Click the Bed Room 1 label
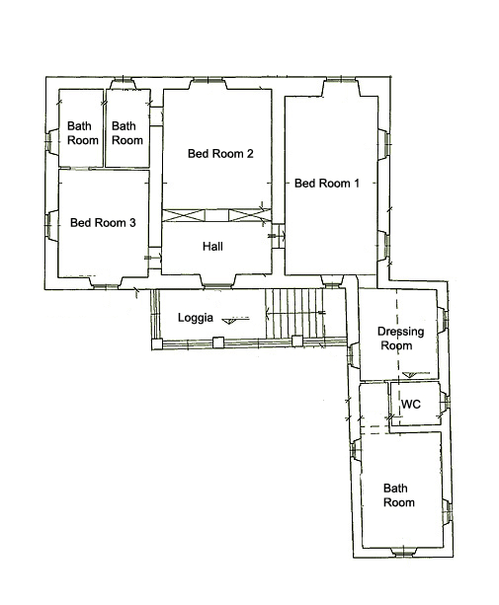click(x=327, y=183)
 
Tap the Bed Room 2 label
click(x=220, y=154)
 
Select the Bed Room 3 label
click(x=103, y=223)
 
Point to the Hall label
click(x=212, y=246)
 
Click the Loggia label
click(x=196, y=318)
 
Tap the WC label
click(x=410, y=405)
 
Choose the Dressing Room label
click(x=400, y=338)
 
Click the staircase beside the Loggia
click(x=294, y=313)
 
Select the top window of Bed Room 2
click(x=208, y=83)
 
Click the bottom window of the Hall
click(x=217, y=281)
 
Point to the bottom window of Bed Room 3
click(x=106, y=283)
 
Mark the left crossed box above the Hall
click(x=183, y=215)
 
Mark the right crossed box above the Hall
click(x=249, y=215)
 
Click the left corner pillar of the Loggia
click(x=157, y=344)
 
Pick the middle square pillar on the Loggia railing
click(x=218, y=342)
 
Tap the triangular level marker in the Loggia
click(x=229, y=321)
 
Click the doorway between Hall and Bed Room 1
click(x=278, y=236)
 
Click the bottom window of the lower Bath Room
click(x=402, y=552)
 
